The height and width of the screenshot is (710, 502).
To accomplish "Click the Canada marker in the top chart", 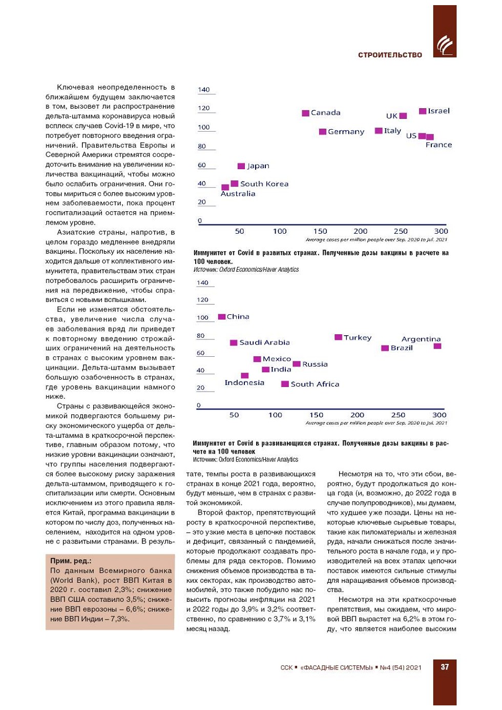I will tap(305, 113).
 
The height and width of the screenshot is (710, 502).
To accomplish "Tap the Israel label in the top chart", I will tap(438, 111).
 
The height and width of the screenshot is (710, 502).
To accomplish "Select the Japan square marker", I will tap(241, 166).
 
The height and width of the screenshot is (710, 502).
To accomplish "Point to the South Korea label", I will tap(264, 184).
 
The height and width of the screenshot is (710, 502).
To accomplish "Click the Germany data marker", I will tap(323, 132).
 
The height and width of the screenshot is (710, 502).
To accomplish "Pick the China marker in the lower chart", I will tap(222, 317).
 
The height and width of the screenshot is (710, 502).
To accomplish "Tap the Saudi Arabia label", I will tap(264, 342).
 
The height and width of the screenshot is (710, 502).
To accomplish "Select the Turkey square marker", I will tap(338, 337).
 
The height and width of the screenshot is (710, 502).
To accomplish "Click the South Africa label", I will tap(315, 384).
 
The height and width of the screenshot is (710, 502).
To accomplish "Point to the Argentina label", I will tap(421, 339).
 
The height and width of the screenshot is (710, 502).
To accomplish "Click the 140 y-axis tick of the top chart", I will tap(204, 90).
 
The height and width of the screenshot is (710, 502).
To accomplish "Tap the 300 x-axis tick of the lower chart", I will tap(439, 415).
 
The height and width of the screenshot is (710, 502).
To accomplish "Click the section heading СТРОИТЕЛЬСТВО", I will tap(390, 55).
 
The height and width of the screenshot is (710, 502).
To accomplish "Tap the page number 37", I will tap(445, 667).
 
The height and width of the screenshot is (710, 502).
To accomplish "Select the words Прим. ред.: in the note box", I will tap(71, 561).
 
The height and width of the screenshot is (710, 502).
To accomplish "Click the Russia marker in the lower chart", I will tap(297, 364).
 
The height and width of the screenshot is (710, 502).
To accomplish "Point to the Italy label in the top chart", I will tap(392, 131).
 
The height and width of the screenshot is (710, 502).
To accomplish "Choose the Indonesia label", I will tap(244, 383).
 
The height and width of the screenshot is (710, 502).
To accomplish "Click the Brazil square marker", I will tap(385, 349).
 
